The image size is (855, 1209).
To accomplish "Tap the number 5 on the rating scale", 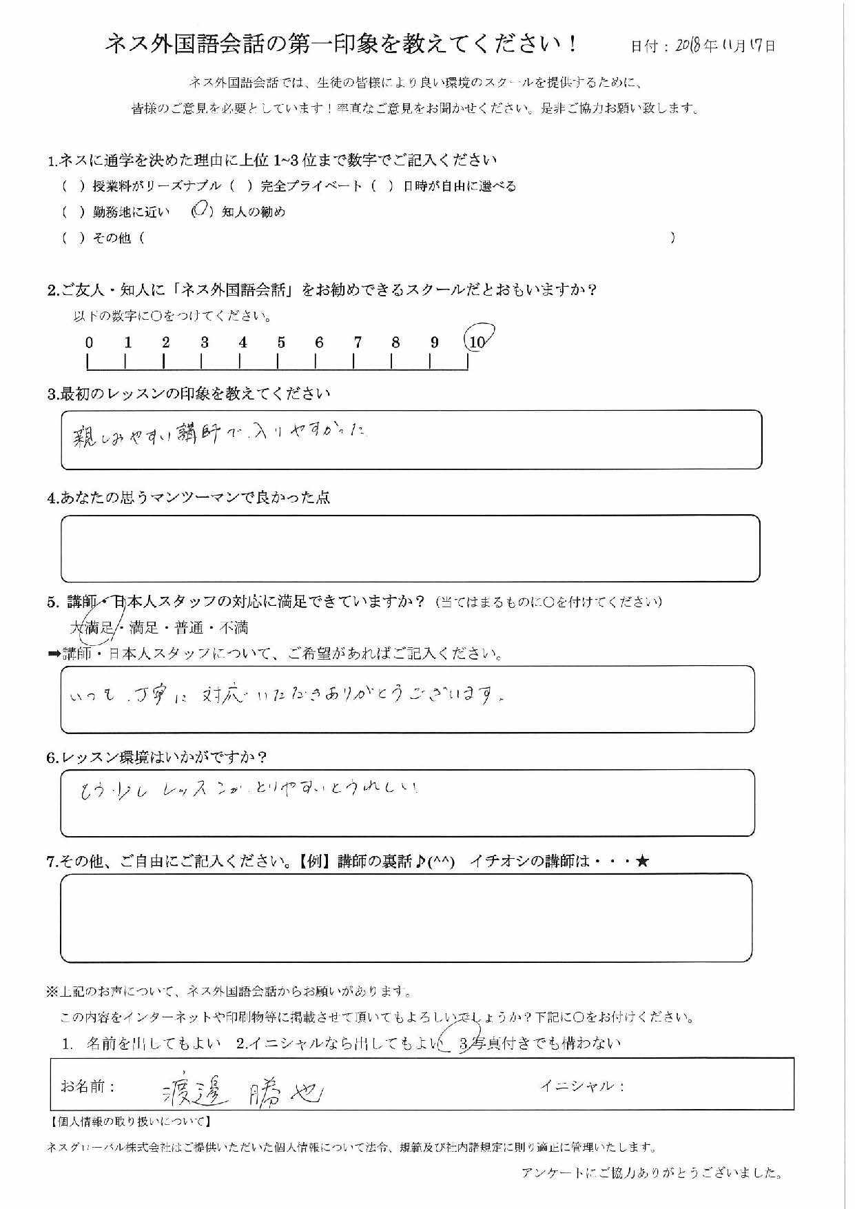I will point(281,342).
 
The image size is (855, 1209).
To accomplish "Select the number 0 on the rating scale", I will point(89,342).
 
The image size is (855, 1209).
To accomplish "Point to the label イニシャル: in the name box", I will point(582,1086).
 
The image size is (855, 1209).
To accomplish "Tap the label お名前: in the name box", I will point(87,1086).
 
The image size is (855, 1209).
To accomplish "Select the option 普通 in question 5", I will point(189,627).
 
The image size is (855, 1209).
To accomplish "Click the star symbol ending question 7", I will point(642,861).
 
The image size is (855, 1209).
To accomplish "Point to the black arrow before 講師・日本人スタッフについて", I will point(54,654).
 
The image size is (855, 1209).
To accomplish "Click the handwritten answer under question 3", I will point(220,434).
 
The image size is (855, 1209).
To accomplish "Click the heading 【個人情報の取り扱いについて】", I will point(131,1121).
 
